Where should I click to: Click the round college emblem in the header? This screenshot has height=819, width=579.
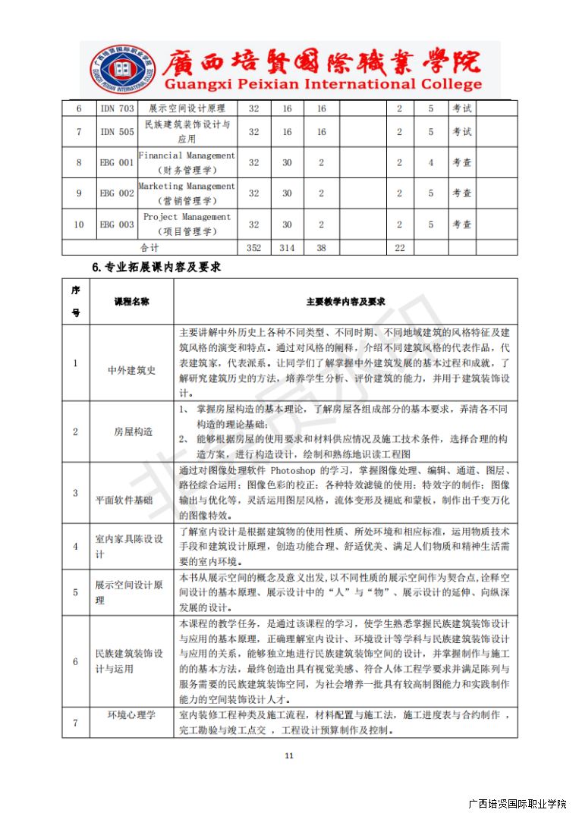112,70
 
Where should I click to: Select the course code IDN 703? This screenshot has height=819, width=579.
117,108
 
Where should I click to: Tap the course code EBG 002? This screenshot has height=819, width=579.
117,193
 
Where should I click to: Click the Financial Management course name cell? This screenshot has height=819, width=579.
187,162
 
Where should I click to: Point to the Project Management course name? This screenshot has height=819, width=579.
187,224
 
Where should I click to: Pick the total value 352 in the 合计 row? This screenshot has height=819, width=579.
254,247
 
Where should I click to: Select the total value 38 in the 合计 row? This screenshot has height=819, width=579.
321,247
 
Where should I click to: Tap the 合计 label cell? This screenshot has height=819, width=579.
149,247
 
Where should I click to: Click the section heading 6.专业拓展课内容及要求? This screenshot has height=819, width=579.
156,267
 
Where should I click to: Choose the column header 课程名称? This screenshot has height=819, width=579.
131,301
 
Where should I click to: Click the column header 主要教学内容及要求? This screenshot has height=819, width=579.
345,301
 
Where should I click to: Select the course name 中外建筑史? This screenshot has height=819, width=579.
131,370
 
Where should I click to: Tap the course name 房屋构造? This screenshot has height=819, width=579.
134,431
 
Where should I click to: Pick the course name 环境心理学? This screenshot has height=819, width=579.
131,714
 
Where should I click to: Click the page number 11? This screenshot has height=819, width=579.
288,755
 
